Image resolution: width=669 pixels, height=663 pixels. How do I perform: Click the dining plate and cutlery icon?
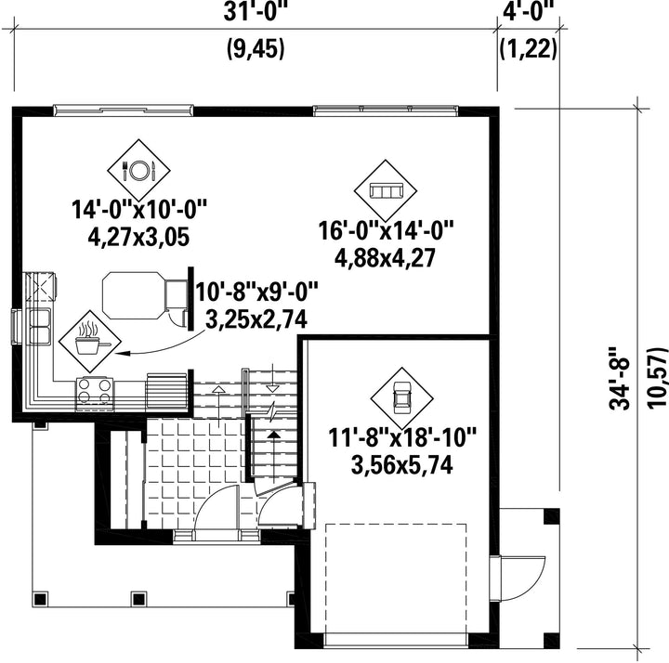[x=138, y=171]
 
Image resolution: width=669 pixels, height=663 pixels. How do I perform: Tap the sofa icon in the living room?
[x=386, y=190]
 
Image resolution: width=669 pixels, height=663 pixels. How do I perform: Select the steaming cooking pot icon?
[x=90, y=341]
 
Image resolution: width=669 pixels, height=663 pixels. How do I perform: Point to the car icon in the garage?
[x=401, y=398]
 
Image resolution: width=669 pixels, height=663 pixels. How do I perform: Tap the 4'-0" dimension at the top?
[x=528, y=11]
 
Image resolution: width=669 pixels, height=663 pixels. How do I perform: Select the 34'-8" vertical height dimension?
[x=620, y=378]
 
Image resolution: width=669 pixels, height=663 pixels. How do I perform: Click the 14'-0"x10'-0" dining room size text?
[x=139, y=210]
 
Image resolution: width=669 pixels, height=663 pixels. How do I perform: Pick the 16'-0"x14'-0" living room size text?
[x=386, y=230]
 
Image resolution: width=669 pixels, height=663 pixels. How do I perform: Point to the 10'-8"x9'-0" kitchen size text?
[x=257, y=292]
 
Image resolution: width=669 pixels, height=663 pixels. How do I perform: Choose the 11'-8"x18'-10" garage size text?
[x=402, y=437]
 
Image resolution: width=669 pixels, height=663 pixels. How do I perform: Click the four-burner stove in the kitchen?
[x=95, y=394]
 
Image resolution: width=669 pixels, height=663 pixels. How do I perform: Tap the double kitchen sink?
[x=39, y=326]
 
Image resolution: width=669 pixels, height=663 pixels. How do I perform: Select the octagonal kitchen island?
[x=134, y=295]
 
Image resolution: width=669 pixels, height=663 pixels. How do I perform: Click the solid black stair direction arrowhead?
[x=274, y=435]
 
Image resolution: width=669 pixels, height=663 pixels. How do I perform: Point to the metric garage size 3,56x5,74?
[x=402, y=464]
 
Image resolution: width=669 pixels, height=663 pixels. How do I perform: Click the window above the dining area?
[x=124, y=110]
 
